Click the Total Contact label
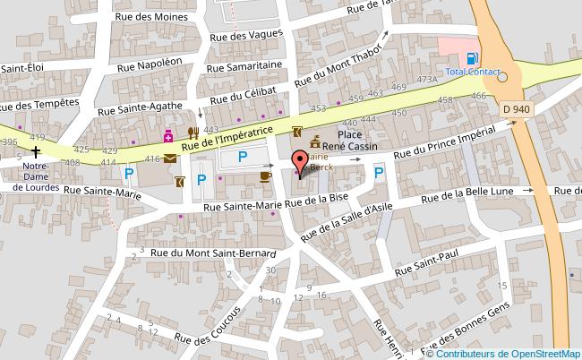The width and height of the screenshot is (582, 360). tap(472, 72)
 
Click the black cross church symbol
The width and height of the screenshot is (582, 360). tap(36, 151)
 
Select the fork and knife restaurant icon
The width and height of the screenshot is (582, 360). tap(192, 135)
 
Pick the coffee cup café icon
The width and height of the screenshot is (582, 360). tap(264, 176)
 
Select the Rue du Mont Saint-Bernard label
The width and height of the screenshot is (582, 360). tap(212, 253)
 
